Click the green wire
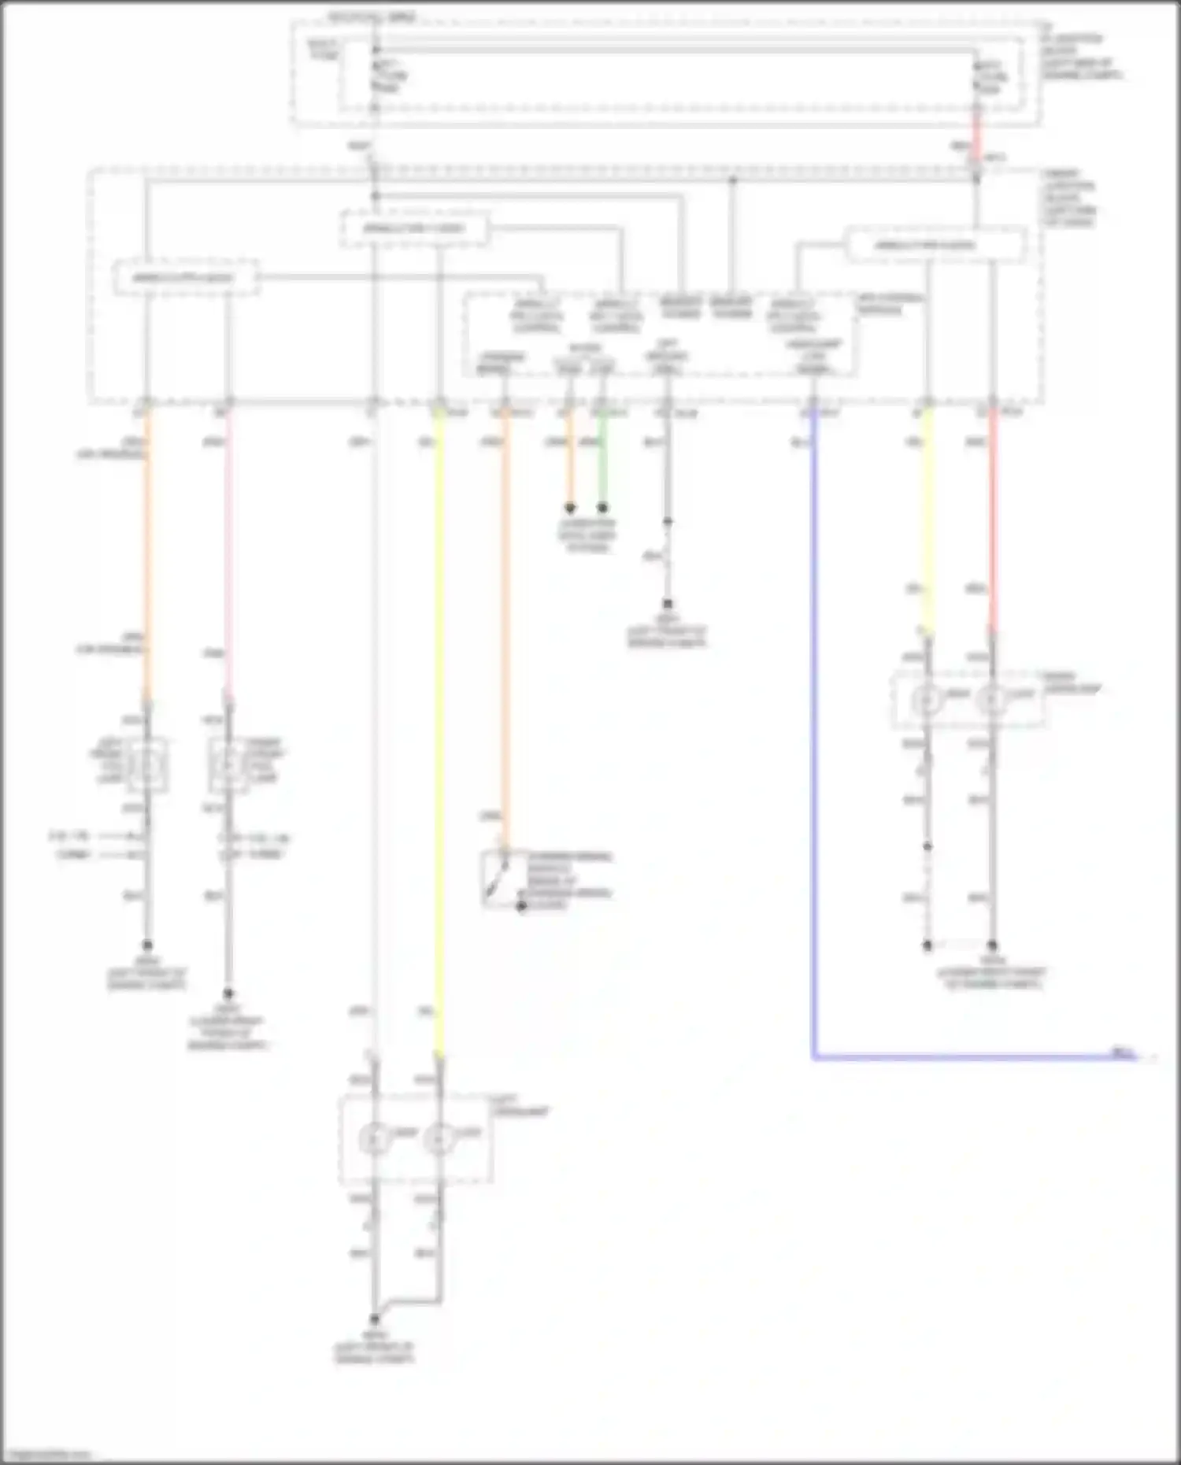602,461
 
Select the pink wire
228,551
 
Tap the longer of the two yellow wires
439,732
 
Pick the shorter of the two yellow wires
927,520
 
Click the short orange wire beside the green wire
569,461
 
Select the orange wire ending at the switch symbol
505,630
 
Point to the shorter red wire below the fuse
976,130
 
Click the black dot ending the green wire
602,509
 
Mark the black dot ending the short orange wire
569,509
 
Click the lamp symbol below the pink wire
228,764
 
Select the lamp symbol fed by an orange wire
146,764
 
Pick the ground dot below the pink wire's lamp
228,993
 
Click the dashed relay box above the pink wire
186,278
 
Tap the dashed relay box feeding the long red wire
935,245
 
